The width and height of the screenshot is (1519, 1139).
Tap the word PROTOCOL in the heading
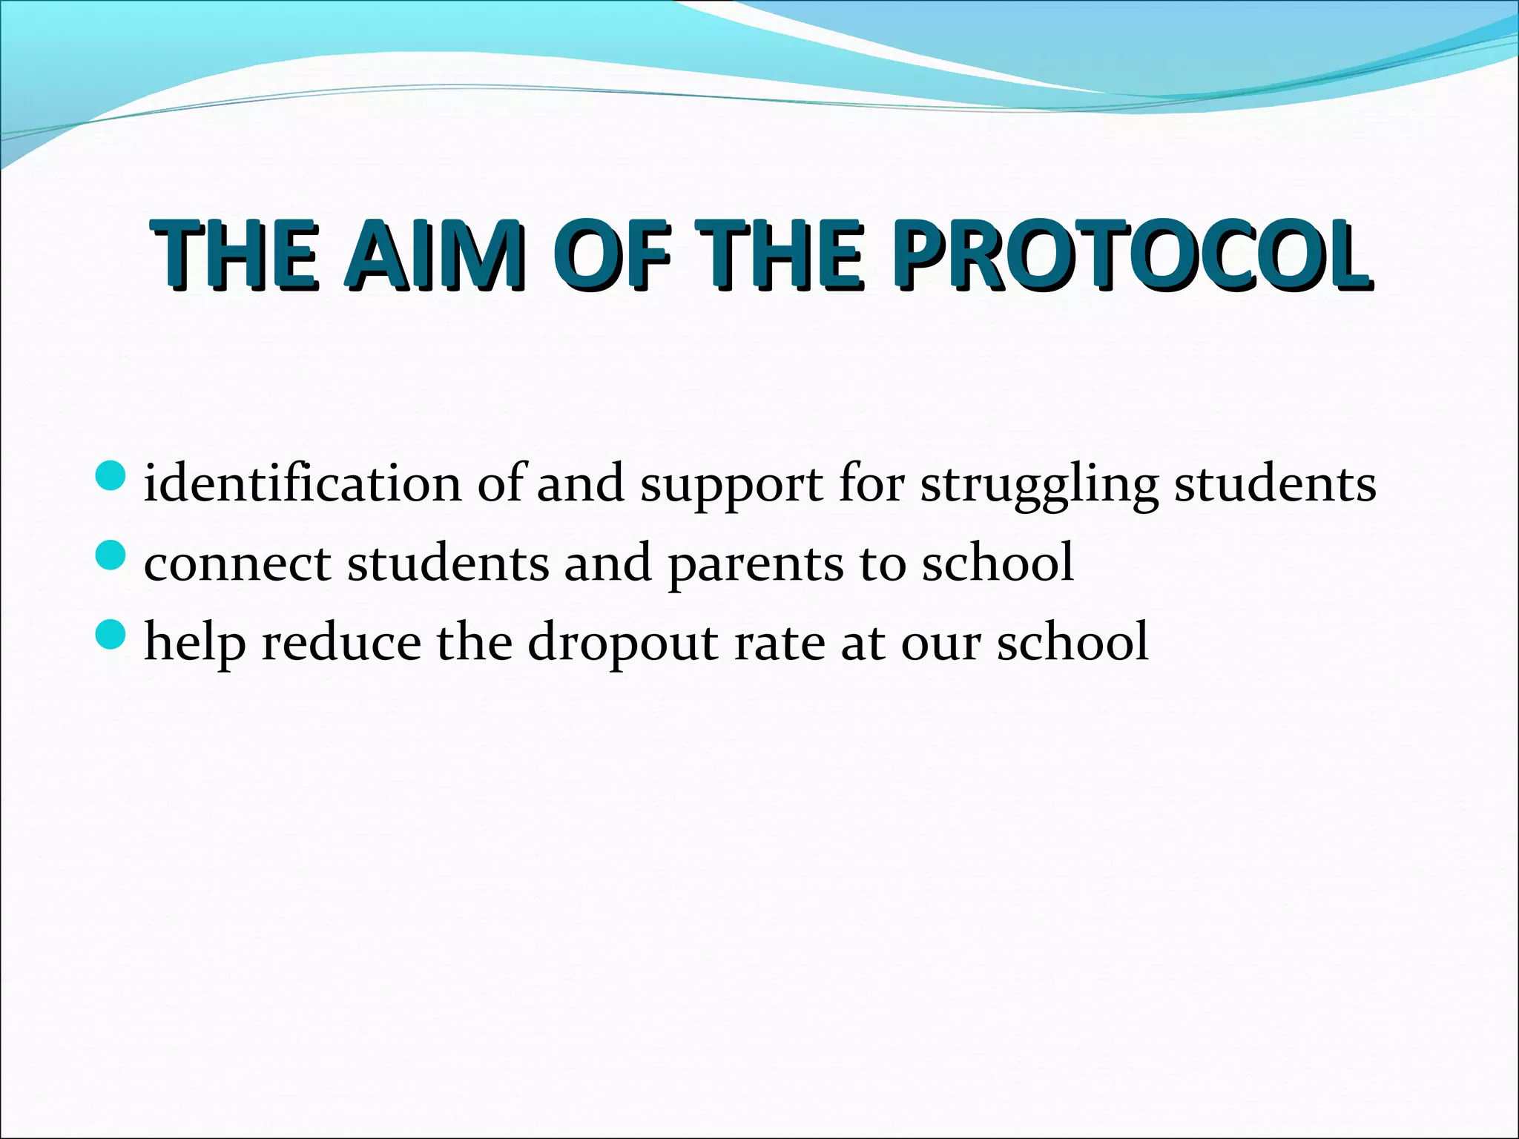click(1130, 254)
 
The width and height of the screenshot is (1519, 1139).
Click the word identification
click(303, 483)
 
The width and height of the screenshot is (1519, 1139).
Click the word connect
click(237, 563)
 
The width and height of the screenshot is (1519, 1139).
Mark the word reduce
click(341, 641)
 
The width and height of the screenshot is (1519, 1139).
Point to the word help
click(194, 642)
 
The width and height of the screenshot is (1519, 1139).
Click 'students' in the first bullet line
click(1274, 483)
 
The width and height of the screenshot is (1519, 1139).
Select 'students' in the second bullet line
click(448, 563)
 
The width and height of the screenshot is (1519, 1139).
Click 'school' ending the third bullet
click(1072, 641)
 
